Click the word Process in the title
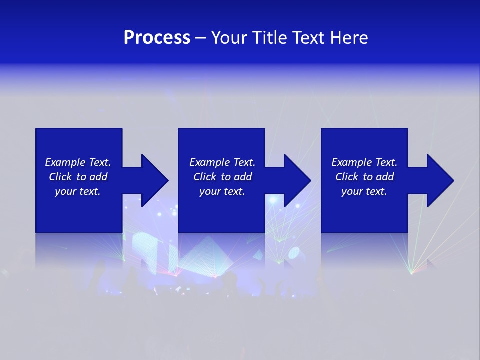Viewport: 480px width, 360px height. tap(157, 38)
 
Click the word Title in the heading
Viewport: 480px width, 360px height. tap(271, 38)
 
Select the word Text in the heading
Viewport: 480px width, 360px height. tap(311, 38)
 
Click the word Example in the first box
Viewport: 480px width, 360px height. tap(65, 162)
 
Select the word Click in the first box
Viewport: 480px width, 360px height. tap(60, 177)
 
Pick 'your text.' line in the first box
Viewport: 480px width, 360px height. tap(78, 191)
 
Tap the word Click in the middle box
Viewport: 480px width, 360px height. tap(205, 177)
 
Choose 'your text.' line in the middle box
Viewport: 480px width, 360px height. tap(222, 191)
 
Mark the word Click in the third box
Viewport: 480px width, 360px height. tap(347, 177)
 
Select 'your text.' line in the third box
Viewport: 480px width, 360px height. tap(364, 191)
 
